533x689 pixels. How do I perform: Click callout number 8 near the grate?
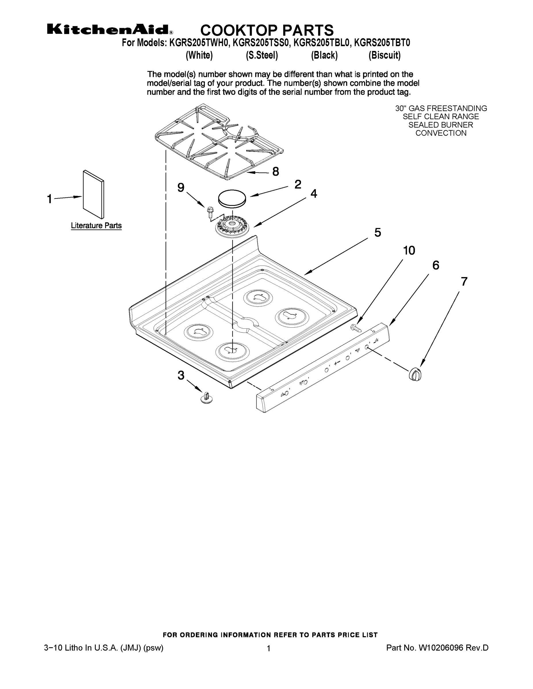point(275,172)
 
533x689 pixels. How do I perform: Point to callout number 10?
point(409,251)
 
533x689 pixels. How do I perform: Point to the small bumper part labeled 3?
point(206,398)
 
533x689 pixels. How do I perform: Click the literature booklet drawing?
point(93,195)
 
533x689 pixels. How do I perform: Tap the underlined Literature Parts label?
point(96,226)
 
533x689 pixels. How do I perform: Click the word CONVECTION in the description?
point(441,133)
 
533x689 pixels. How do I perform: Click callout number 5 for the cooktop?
point(378,233)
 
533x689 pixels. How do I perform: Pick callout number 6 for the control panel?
point(435,265)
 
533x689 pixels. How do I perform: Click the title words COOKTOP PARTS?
point(267,30)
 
